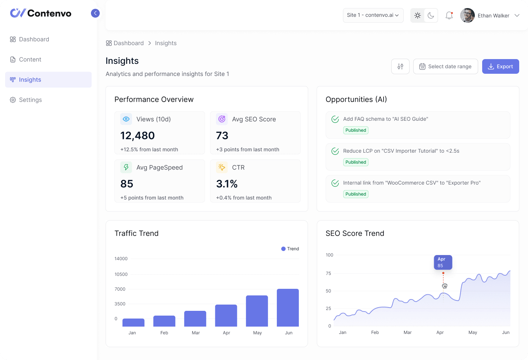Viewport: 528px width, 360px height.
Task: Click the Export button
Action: tap(500, 66)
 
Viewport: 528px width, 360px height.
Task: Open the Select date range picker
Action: tap(445, 66)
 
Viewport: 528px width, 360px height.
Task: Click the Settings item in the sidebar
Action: tap(30, 100)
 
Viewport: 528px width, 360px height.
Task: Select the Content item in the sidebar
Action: tap(30, 59)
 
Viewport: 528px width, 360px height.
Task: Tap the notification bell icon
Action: tap(449, 15)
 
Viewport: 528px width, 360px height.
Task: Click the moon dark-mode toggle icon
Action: tap(431, 15)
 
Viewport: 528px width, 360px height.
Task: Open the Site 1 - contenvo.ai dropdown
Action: tap(373, 15)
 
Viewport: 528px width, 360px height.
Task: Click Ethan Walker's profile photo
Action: tap(467, 15)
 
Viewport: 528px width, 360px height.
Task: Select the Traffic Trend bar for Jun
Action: tap(288, 308)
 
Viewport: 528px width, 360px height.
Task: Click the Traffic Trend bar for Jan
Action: tap(133, 323)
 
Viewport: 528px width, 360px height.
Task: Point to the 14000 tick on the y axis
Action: tap(121, 259)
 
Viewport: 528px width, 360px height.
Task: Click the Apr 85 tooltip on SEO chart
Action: tap(443, 262)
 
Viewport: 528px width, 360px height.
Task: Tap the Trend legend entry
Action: tap(290, 249)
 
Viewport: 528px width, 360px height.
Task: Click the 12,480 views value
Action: tap(137, 136)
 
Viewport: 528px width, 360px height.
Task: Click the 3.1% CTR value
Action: tap(227, 184)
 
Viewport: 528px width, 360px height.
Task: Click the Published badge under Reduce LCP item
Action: tap(356, 162)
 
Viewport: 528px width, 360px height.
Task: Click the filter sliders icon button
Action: tap(400, 66)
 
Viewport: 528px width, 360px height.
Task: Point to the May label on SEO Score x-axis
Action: tap(473, 332)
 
